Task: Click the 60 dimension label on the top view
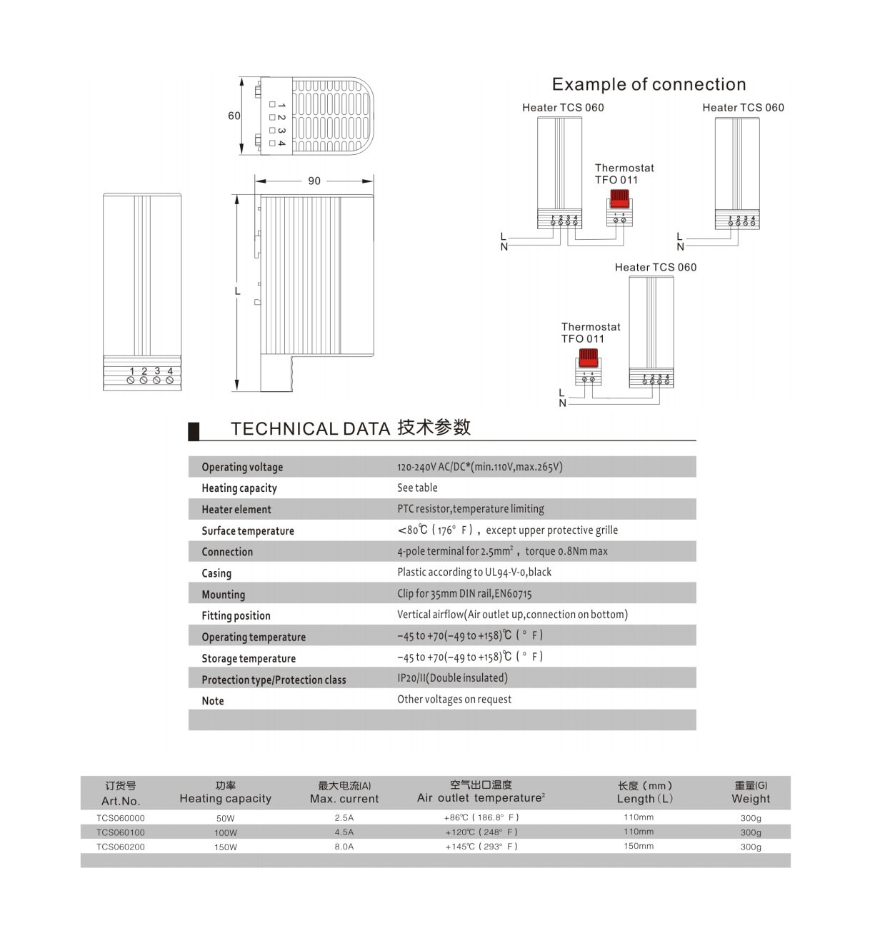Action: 234,116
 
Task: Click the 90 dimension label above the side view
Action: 314,181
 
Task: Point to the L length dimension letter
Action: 238,291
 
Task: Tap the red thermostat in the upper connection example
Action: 619,199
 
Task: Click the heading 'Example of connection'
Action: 649,84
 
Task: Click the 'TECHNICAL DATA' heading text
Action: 310,428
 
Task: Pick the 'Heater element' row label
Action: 236,509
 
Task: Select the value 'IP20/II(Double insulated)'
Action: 452,677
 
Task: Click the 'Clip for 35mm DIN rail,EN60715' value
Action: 464,593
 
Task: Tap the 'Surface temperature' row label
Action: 248,530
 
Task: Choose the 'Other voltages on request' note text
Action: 454,699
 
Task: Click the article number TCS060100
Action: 121,832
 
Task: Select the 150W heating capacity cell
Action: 226,847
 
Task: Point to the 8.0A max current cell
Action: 344,847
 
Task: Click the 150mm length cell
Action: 639,846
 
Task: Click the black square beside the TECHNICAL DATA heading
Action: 194,430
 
